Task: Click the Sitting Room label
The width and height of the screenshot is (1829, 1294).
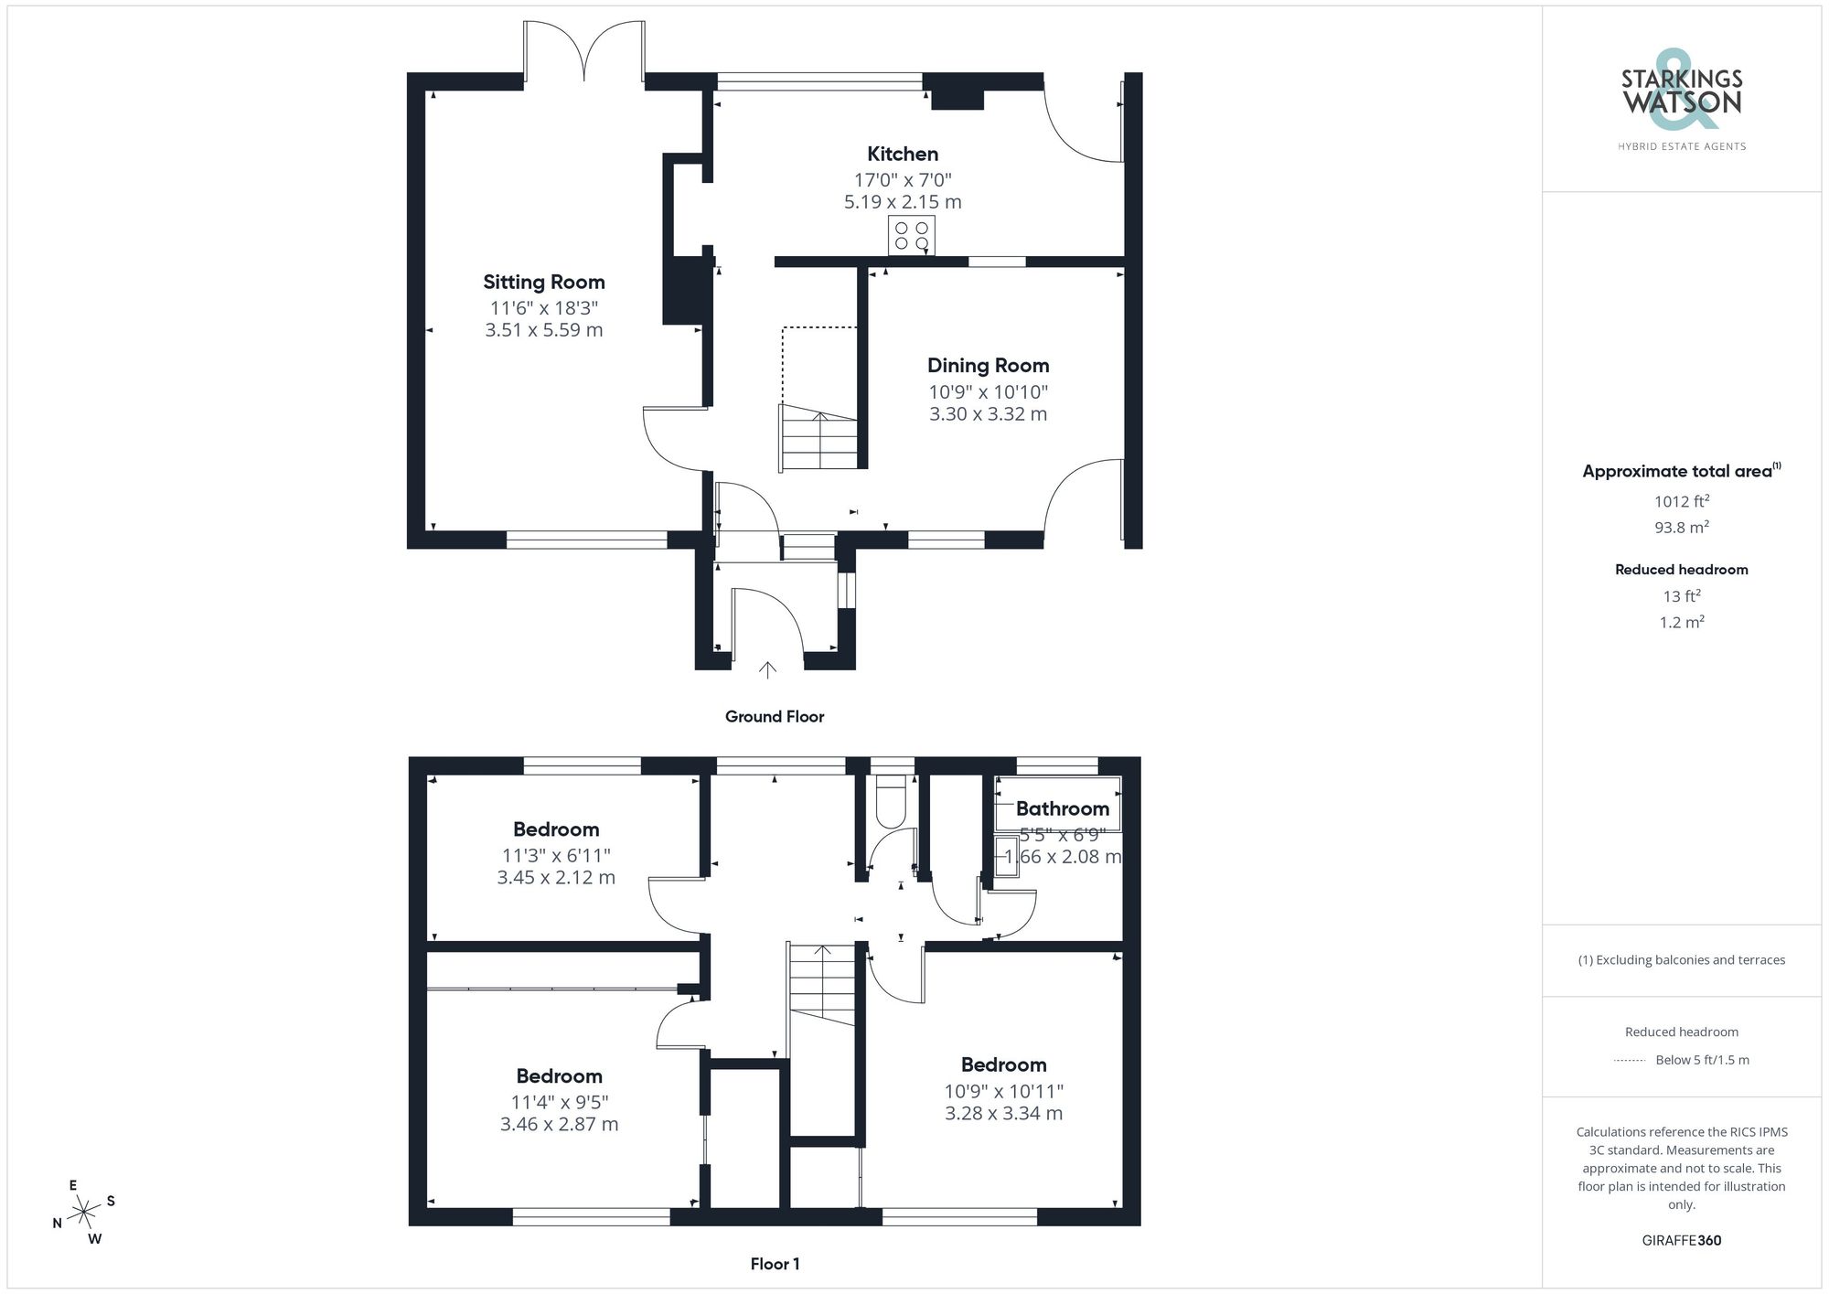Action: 544,283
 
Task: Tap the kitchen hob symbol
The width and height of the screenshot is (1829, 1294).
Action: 911,235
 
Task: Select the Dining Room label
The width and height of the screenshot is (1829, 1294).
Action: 988,366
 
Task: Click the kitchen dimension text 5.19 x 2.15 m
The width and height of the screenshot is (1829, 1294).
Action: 903,202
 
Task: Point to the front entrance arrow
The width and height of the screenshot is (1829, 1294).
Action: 767,669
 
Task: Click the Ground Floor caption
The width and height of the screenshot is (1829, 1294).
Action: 775,717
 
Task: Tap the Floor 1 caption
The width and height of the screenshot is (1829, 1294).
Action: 775,1264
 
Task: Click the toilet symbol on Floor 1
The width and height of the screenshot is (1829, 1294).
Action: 890,801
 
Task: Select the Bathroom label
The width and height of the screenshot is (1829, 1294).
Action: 1062,809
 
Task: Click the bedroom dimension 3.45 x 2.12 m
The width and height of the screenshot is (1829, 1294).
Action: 556,878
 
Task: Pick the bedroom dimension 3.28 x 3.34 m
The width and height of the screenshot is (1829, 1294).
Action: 1003,1114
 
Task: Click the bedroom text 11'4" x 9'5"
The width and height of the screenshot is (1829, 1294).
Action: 559,1102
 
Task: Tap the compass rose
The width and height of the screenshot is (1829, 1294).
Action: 84,1213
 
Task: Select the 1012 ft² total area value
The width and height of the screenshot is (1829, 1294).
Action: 1681,501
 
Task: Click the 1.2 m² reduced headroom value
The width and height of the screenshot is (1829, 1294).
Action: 1681,623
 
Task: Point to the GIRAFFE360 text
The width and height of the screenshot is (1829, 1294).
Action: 1681,1241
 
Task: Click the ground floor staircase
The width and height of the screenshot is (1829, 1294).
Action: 818,439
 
